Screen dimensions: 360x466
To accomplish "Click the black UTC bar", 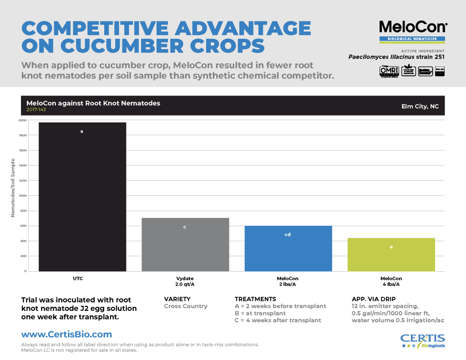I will (x=82, y=197).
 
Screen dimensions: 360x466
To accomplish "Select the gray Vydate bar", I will (x=185, y=244).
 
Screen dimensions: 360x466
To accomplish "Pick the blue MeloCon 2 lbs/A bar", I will (x=288, y=248).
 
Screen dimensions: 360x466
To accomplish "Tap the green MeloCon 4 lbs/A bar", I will (x=391, y=254).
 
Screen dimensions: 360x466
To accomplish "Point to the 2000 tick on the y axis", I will (x=22, y=120).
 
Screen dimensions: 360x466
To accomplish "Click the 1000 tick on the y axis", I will (x=22, y=196).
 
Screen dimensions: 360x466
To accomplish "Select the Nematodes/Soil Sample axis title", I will (x=13, y=188).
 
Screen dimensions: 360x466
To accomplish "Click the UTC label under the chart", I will (x=77, y=278).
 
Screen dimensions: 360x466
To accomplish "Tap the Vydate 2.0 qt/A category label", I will (x=185, y=281).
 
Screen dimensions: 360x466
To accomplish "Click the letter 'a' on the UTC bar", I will (x=82, y=132).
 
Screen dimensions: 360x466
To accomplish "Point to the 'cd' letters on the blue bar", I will (x=288, y=234).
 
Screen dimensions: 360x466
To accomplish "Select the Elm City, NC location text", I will (x=420, y=106).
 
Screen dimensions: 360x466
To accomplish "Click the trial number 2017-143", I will (x=36, y=110).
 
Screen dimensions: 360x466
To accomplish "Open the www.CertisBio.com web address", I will (x=66, y=335).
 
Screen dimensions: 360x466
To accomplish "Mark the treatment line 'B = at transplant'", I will (x=260, y=313).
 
